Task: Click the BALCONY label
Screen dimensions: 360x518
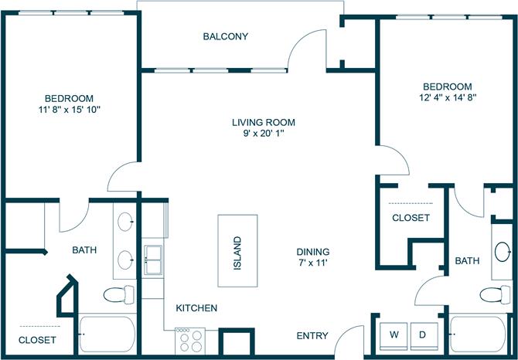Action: pyautogui.click(x=225, y=36)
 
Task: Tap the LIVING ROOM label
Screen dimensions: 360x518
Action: pyautogui.click(x=264, y=122)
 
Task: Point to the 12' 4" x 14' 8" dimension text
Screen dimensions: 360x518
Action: pyautogui.click(x=447, y=98)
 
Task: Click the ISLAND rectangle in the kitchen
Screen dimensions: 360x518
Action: pyautogui.click(x=237, y=252)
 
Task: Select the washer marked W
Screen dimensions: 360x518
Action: pyautogui.click(x=394, y=335)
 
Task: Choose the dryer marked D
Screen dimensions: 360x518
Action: pyautogui.click(x=423, y=335)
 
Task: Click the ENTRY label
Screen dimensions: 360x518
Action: pyautogui.click(x=312, y=336)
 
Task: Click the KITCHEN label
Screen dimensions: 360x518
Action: pyautogui.click(x=196, y=308)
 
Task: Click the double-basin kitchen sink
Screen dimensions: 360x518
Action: pyautogui.click(x=152, y=260)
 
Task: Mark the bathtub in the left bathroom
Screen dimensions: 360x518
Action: pyautogui.click(x=107, y=335)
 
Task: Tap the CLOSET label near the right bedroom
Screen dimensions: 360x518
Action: pyautogui.click(x=411, y=218)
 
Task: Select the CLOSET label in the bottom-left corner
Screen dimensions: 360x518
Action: pyautogui.click(x=38, y=339)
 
